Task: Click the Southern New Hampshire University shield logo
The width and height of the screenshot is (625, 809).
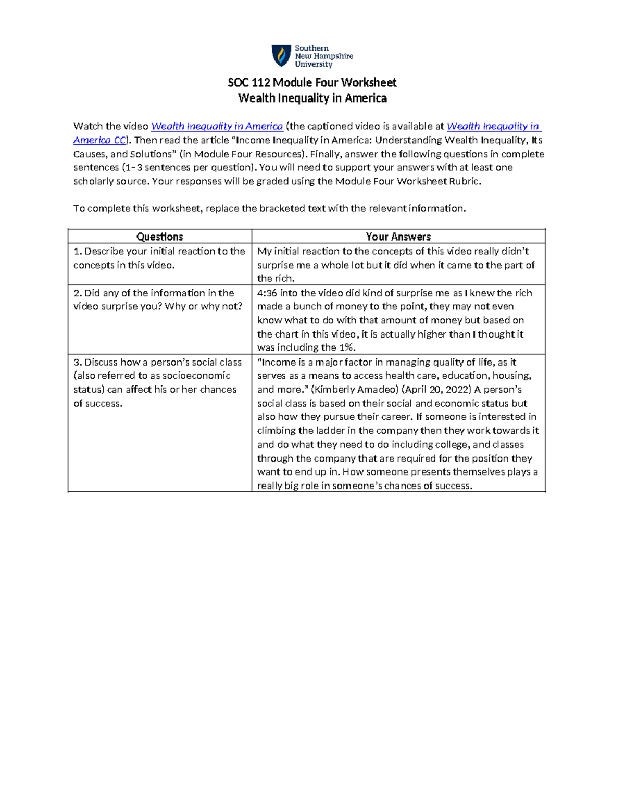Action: (x=281, y=56)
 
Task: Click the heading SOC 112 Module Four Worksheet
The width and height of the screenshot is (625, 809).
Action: (x=312, y=83)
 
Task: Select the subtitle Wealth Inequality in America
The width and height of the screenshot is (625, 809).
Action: (x=312, y=98)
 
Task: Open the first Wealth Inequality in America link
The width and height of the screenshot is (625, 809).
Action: (x=217, y=126)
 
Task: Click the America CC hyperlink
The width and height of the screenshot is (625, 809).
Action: (x=99, y=140)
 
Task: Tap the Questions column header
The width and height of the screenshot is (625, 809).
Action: (x=159, y=237)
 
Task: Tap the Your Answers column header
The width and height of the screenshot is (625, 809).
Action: (x=398, y=237)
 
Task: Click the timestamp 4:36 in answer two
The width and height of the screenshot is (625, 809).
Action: (x=267, y=293)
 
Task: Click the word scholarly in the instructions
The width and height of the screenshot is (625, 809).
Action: (x=93, y=181)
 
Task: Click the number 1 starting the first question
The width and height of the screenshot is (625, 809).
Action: (x=77, y=252)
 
